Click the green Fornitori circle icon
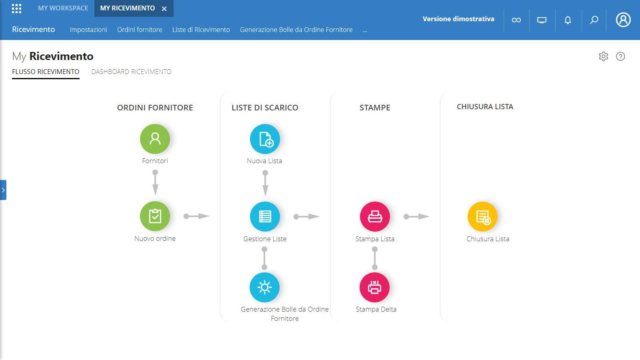[155, 139]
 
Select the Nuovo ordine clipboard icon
[155, 216]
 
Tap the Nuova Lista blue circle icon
[265, 139]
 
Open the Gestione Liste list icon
[265, 216]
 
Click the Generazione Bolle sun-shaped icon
[264, 287]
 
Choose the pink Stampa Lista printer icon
[375, 216]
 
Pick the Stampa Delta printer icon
[374, 287]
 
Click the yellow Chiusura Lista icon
[482, 216]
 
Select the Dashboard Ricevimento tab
[132, 72]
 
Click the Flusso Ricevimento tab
[46, 72]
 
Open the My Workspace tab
[63, 8]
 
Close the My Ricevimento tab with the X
[164, 9]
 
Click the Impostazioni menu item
[88, 30]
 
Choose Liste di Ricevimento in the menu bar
[201, 30]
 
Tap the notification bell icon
[568, 20]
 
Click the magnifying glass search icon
[594, 20]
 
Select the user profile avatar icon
[623, 20]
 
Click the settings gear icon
[604, 56]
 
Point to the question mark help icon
[620, 56]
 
